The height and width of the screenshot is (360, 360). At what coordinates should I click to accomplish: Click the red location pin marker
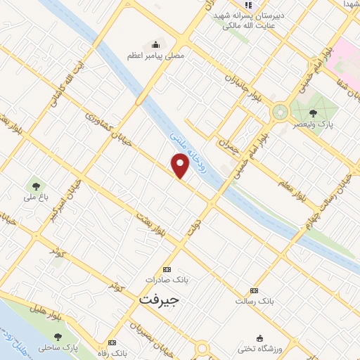[181, 165]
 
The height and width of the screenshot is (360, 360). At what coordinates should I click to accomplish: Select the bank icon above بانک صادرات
[167, 269]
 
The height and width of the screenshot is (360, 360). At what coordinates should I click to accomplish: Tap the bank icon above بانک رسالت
[254, 290]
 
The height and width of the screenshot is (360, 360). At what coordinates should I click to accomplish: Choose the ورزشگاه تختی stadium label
[260, 349]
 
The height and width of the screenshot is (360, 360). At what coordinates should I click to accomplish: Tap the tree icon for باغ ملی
[34, 186]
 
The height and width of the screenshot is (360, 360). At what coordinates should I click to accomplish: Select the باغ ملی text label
[34, 198]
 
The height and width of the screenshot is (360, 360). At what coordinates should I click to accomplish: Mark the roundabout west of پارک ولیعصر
[281, 110]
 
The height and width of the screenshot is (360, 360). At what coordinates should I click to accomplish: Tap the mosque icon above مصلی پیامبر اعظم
[153, 44]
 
